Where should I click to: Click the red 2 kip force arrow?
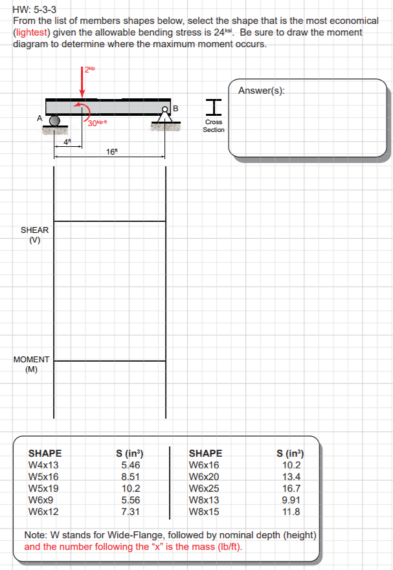(82, 82)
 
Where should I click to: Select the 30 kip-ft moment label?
(97, 123)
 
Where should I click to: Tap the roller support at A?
(54, 121)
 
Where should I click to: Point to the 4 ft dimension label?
(67, 142)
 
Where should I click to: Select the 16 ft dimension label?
(112, 151)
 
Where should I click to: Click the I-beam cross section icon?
(214, 107)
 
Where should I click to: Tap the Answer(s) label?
(262, 91)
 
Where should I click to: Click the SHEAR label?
(34, 230)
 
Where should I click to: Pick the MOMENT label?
(31, 360)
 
